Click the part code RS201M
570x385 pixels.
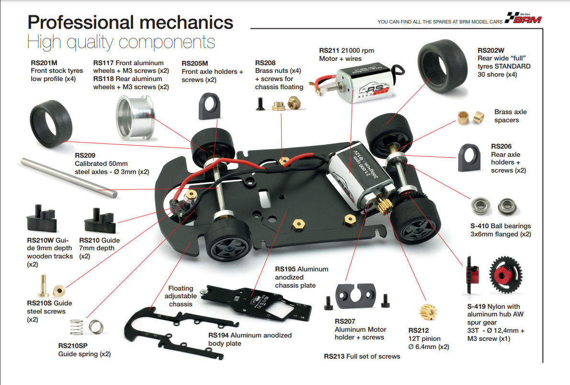coord(44,63)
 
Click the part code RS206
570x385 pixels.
coord(501,147)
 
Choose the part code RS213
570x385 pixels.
coord(334,356)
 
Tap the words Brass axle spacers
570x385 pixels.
coord(510,116)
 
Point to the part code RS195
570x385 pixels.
coord(285,269)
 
